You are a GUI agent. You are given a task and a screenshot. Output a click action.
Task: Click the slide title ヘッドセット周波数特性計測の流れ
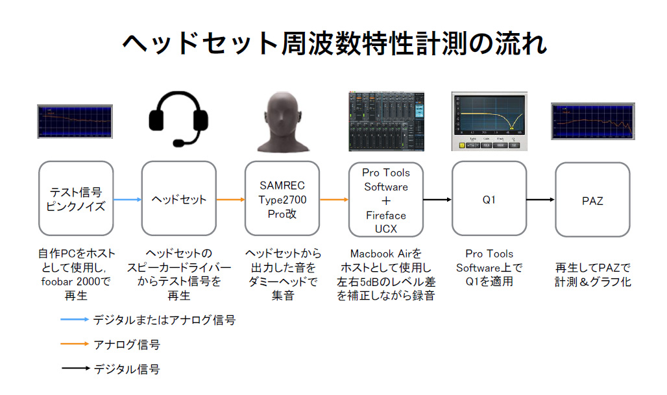point(333,43)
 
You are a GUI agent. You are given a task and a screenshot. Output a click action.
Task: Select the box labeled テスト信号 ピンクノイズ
point(76,199)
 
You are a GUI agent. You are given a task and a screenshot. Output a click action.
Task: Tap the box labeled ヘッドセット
point(179,199)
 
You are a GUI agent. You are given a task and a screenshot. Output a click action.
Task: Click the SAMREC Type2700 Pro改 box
point(282,199)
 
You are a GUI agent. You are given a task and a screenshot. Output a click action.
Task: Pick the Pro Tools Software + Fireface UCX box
point(385,199)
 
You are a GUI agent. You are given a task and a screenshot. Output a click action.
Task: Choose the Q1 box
point(489,199)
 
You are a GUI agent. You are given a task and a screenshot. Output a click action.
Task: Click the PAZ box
point(592,199)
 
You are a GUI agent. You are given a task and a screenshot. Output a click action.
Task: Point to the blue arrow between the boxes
point(127,200)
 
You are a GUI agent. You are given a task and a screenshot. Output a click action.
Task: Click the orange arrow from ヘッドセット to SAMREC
point(230,200)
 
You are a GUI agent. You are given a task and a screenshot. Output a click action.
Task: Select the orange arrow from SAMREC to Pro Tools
point(333,200)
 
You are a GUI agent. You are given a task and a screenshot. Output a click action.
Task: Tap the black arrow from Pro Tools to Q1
point(437,200)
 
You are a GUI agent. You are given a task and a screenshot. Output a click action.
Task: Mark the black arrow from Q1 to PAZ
point(540,200)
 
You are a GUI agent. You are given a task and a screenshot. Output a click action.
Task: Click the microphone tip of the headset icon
point(176,143)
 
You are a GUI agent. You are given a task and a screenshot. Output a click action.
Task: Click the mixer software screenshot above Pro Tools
point(385,121)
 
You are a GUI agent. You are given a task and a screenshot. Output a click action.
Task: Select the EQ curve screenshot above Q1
point(489,121)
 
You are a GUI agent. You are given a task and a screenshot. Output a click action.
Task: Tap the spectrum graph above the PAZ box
point(592,121)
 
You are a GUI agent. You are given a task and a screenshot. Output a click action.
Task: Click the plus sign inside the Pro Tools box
point(385,200)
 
